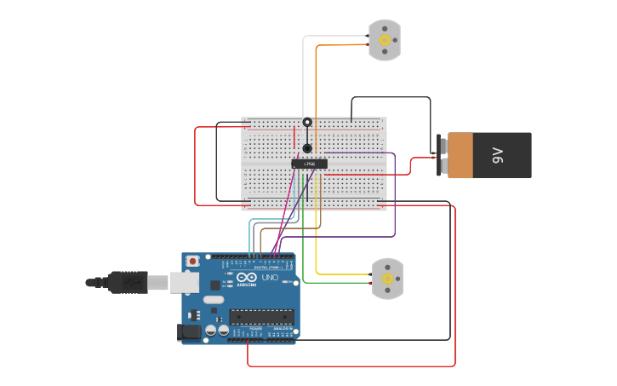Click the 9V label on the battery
click(498, 155)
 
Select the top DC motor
click(385, 40)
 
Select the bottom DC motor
click(387, 279)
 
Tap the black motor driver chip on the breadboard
click(309, 163)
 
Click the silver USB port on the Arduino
click(185, 282)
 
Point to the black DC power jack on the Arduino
click(190, 331)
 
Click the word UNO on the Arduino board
click(269, 279)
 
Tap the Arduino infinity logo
click(247, 279)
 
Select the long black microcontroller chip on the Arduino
click(261, 317)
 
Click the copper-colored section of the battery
click(460, 155)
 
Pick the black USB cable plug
click(129, 282)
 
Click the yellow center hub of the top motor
click(385, 40)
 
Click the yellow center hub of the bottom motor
click(388, 279)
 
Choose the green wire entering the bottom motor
click(340, 283)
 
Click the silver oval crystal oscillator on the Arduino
click(213, 299)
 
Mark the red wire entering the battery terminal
click(421, 158)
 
